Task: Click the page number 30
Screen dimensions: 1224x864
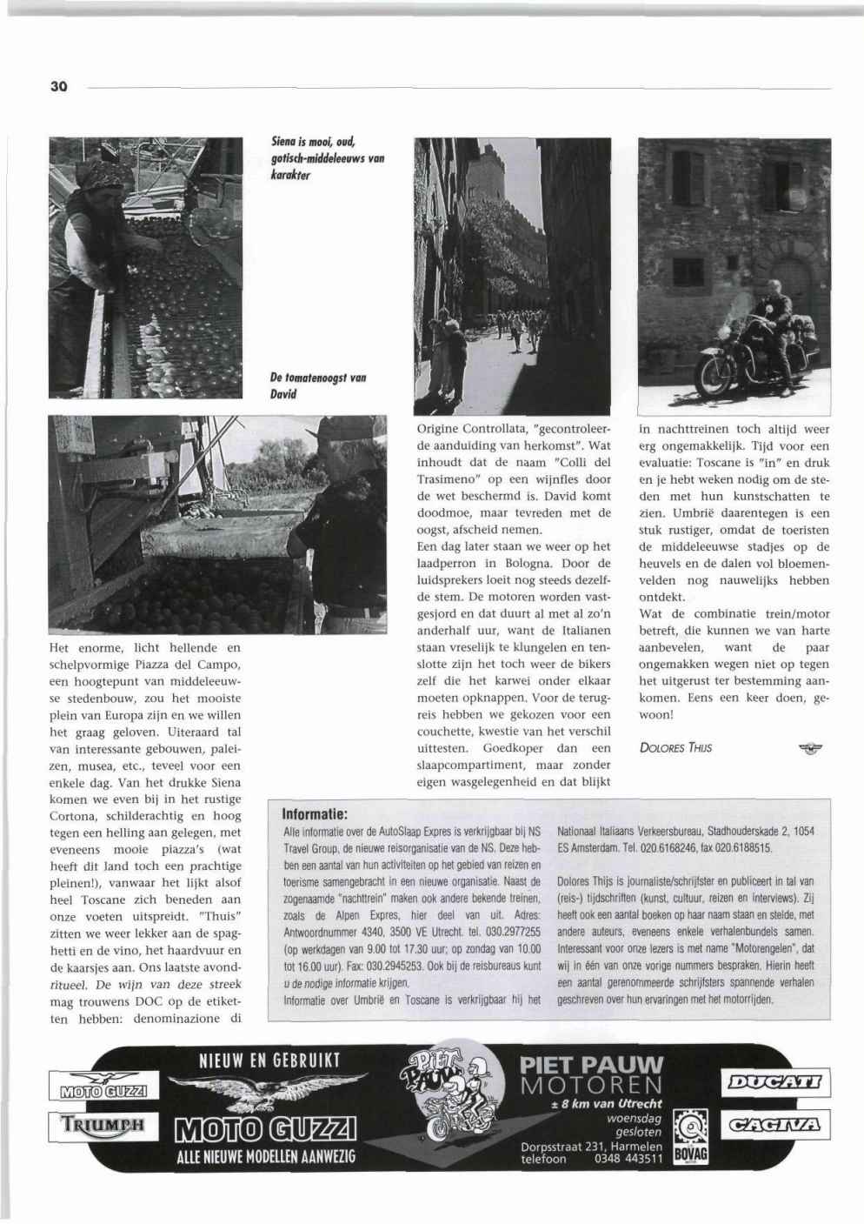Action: [58, 87]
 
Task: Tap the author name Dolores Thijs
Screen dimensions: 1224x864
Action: [675, 747]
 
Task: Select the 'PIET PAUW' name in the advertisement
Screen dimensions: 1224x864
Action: [590, 1065]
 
